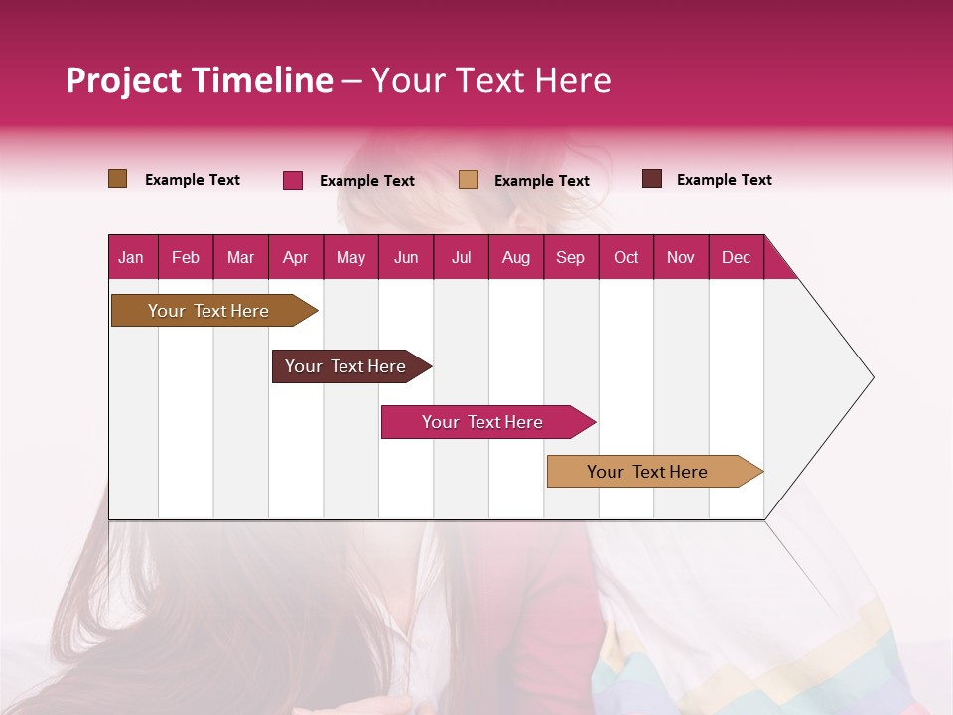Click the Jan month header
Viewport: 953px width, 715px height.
pos(131,257)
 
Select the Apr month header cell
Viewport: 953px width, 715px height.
pos(295,257)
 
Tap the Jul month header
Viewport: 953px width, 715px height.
pos(461,257)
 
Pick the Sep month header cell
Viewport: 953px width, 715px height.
pos(570,257)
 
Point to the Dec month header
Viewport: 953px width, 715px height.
pos(736,257)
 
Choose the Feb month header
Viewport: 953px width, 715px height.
pos(186,257)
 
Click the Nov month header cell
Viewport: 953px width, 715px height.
pos(680,257)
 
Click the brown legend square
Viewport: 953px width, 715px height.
pos(117,179)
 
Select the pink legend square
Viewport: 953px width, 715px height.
pos(293,180)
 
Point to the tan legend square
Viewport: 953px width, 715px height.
pos(469,179)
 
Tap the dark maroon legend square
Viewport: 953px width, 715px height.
pos(652,179)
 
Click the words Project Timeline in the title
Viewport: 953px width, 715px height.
pos(199,80)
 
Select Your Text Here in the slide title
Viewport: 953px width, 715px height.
pos(490,80)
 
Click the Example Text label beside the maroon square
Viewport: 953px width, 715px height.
pos(724,180)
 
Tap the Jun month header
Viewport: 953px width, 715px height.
pos(406,257)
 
